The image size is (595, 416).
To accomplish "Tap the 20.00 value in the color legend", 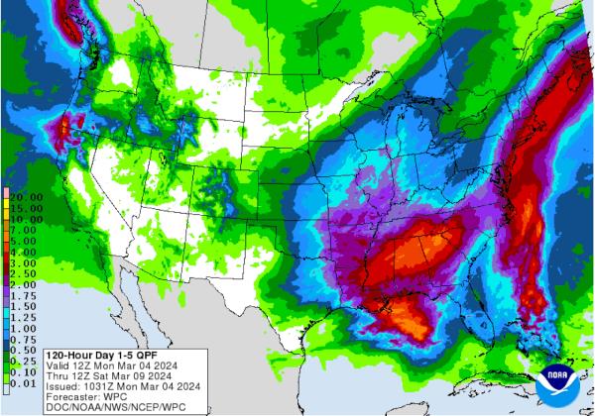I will pos(25,198).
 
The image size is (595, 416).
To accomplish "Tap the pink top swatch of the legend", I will pos(6,191).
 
